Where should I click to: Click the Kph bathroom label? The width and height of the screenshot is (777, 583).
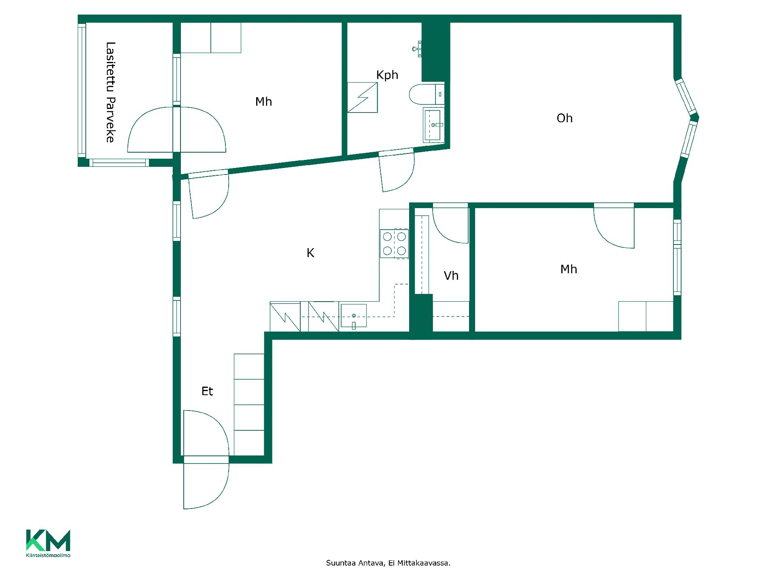pos(387,75)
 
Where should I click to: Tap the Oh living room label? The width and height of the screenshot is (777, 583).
pos(565,118)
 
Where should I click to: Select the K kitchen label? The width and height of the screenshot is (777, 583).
pos(310,253)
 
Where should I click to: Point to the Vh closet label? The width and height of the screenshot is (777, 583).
pos(451,276)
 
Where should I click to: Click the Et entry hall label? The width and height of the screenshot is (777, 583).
pos(207,391)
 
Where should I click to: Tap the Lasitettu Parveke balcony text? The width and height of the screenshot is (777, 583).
pos(110,92)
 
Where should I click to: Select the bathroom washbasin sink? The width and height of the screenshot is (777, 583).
pos(433,125)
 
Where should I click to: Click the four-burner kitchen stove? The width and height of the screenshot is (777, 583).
pos(394,244)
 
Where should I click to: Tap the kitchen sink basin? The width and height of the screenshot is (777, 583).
pos(353,316)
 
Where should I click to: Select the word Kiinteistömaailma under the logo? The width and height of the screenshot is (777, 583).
pos(48,555)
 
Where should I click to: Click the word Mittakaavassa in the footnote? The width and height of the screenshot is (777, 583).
pos(423,563)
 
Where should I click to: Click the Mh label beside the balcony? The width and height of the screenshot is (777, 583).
pos(263,102)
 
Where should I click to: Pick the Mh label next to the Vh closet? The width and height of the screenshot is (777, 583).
pos(569,269)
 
